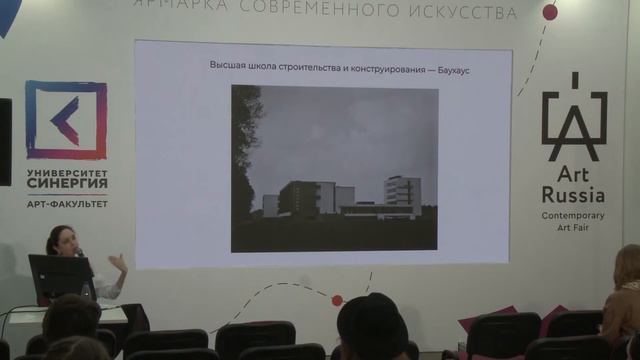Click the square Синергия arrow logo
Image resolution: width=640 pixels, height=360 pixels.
tap(66, 120)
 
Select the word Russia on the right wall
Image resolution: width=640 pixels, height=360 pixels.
tap(574, 193)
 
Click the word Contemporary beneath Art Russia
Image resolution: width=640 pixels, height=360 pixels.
tap(574, 215)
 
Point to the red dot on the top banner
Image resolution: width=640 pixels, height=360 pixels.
tap(549, 12)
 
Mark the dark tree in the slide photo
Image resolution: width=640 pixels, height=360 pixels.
tap(245, 150)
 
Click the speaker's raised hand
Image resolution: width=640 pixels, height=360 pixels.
tap(118, 263)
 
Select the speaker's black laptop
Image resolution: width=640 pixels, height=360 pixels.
tap(60, 278)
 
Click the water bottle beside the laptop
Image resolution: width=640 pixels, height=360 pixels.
tap(88, 290)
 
